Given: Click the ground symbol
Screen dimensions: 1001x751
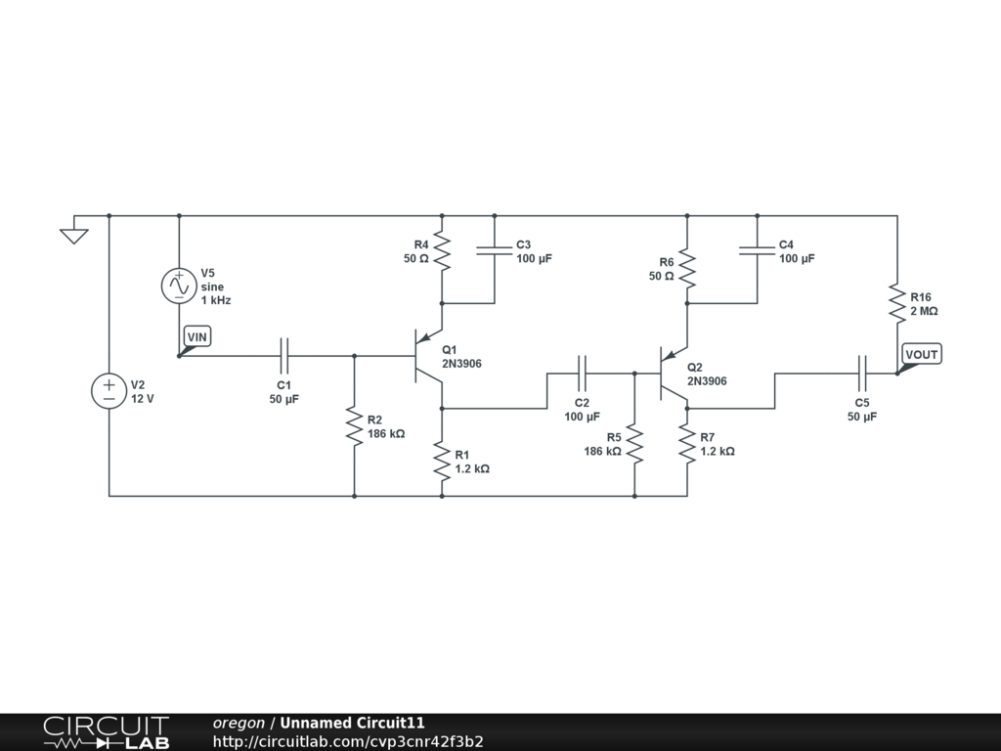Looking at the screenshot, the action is (x=74, y=236).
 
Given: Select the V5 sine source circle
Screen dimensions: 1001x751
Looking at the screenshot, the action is (x=180, y=286).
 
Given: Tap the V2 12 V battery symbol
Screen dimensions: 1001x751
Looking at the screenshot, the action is (x=109, y=391).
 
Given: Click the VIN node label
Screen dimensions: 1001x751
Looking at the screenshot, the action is (x=197, y=336).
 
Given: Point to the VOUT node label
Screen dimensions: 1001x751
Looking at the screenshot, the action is (x=922, y=354).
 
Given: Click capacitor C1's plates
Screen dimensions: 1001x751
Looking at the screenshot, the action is (x=284, y=356).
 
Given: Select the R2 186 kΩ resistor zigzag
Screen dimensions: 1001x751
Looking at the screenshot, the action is (x=354, y=425).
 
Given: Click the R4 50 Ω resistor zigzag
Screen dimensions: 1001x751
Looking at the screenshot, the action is (x=442, y=251).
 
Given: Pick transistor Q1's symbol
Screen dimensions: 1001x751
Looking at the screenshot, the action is (x=428, y=356).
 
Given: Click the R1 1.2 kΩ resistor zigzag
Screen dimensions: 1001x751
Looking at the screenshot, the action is (x=442, y=461).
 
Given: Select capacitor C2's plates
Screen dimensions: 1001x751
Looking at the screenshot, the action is (x=583, y=374).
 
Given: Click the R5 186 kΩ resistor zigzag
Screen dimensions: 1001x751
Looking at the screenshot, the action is (x=634, y=443).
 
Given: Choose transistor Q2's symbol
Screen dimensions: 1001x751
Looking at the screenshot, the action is (x=673, y=374).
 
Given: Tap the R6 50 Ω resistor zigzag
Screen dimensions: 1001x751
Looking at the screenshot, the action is (x=687, y=268).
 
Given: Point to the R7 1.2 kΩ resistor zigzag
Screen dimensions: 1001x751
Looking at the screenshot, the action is (x=687, y=443).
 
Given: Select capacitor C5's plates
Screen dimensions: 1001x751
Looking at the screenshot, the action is (x=862, y=374).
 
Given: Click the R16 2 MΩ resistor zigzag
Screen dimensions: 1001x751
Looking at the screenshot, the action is (x=897, y=303).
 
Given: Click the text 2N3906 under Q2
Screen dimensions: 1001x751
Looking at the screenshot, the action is (x=707, y=381).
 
